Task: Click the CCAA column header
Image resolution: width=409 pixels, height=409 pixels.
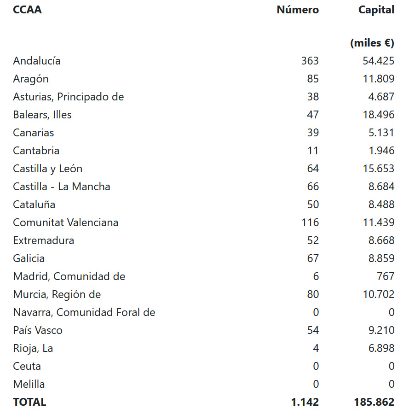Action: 27,10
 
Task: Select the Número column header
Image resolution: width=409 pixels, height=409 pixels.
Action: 298,10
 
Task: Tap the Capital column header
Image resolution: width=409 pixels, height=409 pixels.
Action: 376,10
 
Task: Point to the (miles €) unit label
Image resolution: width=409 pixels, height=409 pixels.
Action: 372,43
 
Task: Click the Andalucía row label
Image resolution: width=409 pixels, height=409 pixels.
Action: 37,61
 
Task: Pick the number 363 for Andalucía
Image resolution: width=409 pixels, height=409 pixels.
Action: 310,61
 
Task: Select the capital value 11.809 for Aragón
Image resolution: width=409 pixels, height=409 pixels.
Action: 378,79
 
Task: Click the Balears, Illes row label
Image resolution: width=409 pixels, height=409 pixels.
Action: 42,115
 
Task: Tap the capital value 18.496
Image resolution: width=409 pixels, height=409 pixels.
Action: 378,115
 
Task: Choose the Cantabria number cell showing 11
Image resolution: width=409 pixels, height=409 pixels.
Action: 313,151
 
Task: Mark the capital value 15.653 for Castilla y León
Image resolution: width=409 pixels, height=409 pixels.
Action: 378,169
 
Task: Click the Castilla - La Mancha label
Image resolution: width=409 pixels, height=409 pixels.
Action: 62,187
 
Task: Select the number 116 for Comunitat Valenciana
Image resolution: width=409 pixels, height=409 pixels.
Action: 310,222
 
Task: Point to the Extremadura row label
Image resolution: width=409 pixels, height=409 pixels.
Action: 43,240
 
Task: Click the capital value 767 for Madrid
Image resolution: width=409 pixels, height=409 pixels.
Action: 385,276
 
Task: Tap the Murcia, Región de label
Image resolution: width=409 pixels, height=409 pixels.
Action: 57,294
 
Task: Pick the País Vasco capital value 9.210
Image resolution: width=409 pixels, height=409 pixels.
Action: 381,330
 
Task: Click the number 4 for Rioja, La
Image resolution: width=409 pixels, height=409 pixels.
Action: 316,348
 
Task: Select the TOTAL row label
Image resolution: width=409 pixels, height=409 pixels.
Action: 29,402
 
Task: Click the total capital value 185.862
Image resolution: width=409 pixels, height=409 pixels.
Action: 374,402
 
